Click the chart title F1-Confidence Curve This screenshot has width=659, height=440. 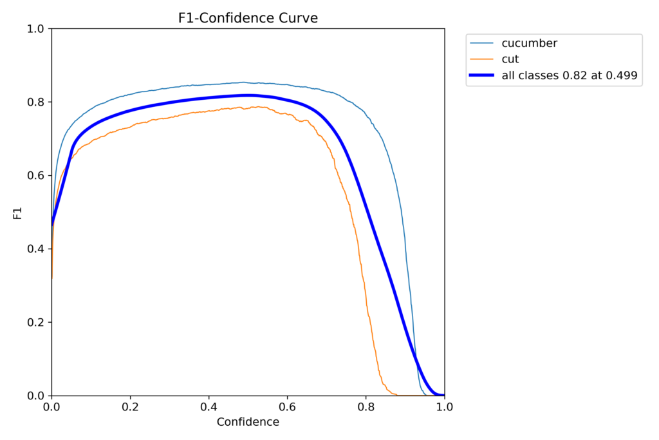(248, 18)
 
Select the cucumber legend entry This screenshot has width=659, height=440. (529, 43)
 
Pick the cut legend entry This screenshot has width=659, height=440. (510, 59)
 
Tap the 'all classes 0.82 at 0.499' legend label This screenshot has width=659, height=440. (569, 75)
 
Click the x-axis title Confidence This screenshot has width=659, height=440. (248, 423)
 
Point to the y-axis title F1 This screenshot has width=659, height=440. (17, 213)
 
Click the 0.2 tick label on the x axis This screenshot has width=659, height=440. (130, 407)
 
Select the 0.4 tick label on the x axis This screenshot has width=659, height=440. (209, 407)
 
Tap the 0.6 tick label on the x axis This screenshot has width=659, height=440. (287, 407)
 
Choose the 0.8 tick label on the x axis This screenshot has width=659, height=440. (366, 407)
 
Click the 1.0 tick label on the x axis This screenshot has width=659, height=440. (444, 407)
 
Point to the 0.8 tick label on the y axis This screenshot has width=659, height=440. (36, 102)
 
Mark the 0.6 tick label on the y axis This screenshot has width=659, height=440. (36, 176)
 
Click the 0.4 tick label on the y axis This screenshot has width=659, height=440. (36, 249)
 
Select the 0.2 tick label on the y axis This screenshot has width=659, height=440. (36, 323)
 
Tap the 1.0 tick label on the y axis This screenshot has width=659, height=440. (36, 29)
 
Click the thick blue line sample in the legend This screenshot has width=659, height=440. (482, 75)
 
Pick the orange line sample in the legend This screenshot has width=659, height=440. (482, 59)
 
